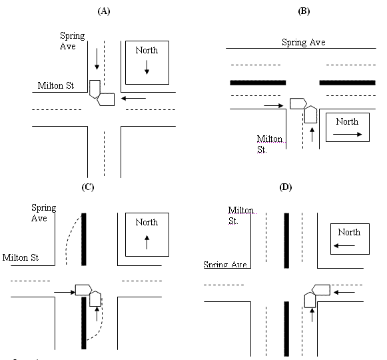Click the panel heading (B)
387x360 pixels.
click(304, 11)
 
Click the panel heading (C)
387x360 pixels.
click(87, 187)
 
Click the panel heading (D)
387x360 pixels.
click(286, 187)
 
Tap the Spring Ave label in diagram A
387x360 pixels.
click(72, 41)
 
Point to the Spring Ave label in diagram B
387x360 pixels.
click(303, 42)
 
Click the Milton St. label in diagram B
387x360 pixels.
click(270, 145)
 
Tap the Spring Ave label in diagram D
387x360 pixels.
click(225, 265)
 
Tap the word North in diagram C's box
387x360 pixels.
click(147, 223)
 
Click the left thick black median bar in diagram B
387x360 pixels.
click(258, 83)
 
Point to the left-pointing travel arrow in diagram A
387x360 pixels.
click(134, 99)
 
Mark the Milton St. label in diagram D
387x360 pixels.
click(241, 215)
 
